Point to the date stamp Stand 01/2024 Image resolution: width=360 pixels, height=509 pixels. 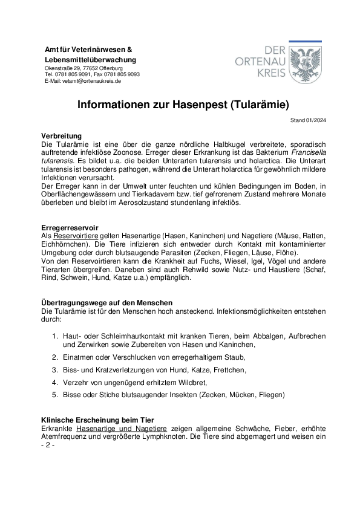309,120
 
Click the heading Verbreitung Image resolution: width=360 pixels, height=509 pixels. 61,136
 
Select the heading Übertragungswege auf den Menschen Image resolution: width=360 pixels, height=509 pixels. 106,302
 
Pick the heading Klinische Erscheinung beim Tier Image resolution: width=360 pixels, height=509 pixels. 97,420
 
